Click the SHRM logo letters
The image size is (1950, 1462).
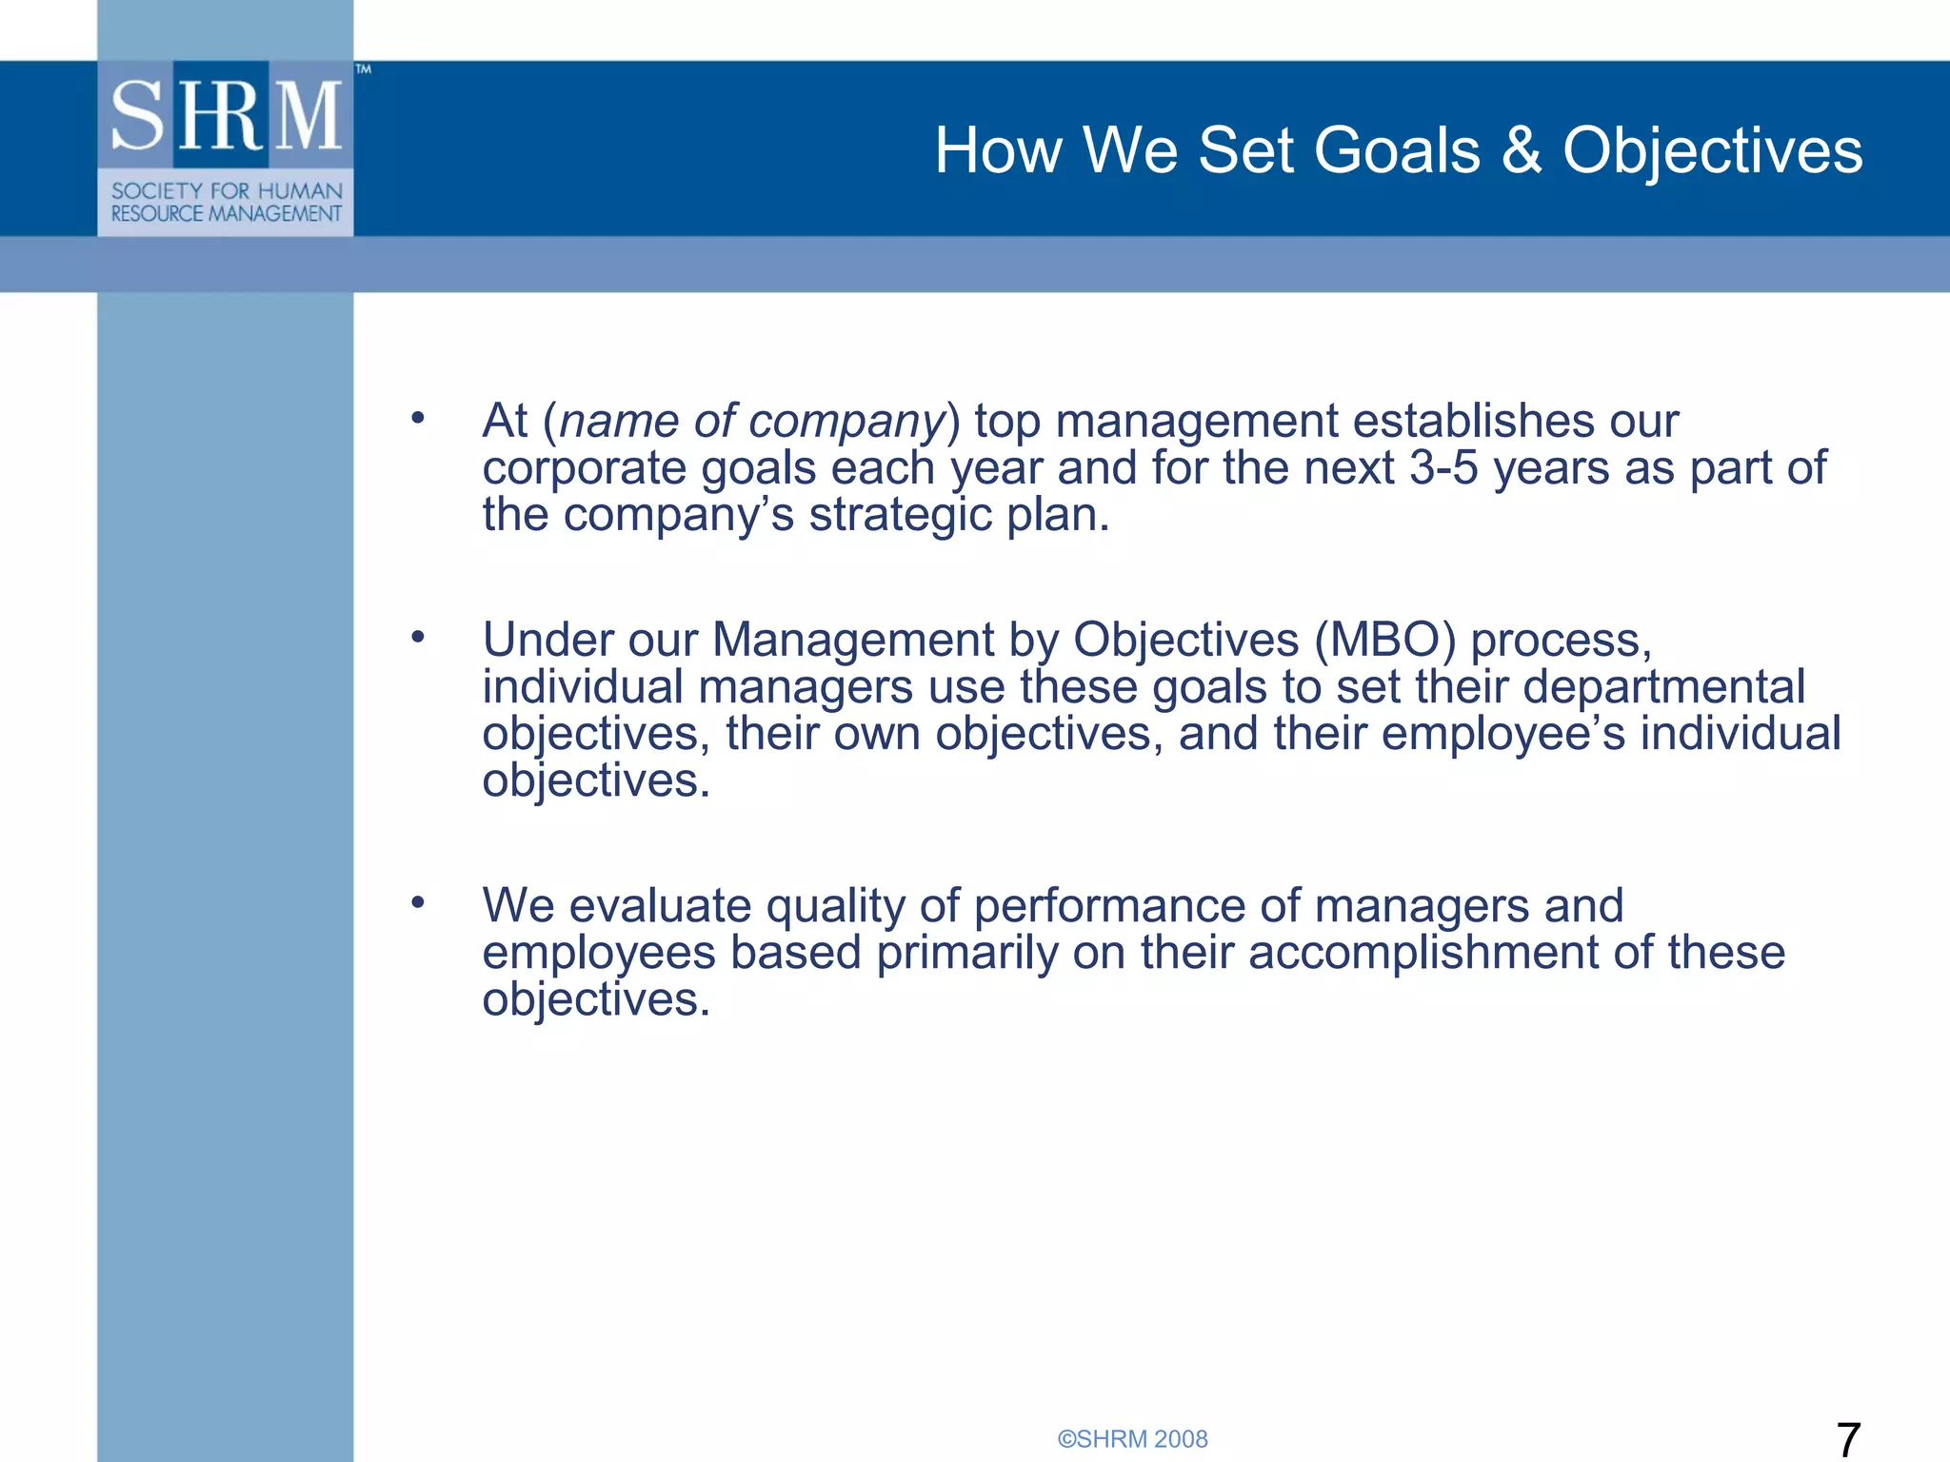[226, 116]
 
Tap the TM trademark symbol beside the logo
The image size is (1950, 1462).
[363, 69]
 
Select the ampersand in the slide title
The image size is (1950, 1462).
[1522, 150]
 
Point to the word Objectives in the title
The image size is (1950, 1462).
[1712, 150]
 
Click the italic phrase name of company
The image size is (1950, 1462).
[750, 421]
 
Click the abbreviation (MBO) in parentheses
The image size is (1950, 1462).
[1385, 640]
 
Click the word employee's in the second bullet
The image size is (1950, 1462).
[1503, 734]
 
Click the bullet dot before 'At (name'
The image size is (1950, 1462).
[417, 418]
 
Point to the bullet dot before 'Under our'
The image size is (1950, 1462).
[417, 637]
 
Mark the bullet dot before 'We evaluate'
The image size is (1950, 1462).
[417, 902]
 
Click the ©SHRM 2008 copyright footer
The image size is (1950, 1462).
[1132, 1439]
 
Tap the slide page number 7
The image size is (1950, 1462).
[1847, 1438]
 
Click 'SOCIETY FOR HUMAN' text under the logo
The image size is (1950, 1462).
[226, 190]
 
